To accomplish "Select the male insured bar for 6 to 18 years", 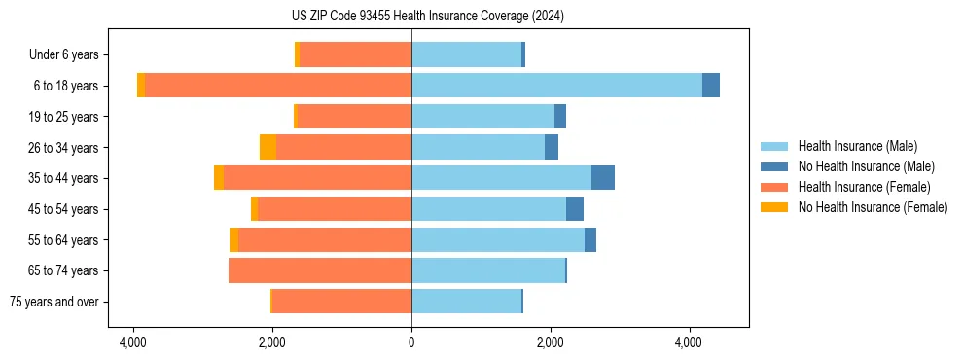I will tap(556, 86).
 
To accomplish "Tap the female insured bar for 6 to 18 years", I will tap(278, 86).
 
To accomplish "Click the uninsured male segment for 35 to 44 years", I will tap(603, 178).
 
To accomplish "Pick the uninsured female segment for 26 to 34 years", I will tap(267, 147).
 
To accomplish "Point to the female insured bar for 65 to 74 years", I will tap(320, 270).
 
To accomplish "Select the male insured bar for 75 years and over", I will tap(466, 302).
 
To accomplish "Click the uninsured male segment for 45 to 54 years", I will tap(575, 209).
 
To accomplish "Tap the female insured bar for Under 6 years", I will tap(355, 54).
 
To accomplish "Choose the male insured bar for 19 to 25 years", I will tap(482, 117).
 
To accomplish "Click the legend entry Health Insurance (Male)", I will tap(857, 146).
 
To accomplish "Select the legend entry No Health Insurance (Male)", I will tap(866, 166).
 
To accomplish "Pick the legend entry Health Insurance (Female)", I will tap(864, 187).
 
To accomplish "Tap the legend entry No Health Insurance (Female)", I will tap(873, 207).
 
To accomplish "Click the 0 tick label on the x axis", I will tap(411, 342).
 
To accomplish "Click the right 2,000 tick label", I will tap(551, 342).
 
